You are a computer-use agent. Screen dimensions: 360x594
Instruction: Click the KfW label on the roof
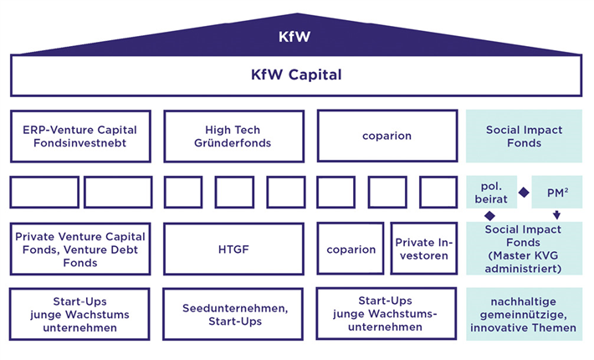(297, 38)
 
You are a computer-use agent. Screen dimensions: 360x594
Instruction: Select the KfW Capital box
(297, 75)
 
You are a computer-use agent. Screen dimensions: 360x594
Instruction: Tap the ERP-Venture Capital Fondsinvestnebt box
(80, 136)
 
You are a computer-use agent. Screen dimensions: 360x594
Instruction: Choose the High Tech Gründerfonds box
(233, 136)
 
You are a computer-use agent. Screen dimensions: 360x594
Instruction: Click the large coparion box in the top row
(387, 136)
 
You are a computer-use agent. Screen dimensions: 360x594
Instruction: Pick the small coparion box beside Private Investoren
(351, 249)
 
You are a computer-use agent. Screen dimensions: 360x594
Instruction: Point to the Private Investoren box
(422, 249)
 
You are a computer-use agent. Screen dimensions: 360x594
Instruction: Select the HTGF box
(233, 249)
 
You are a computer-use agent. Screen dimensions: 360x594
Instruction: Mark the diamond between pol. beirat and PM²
(524, 193)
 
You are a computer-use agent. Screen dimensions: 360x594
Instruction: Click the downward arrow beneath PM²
(556, 215)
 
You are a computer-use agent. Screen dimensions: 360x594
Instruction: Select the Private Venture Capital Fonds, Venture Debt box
(80, 249)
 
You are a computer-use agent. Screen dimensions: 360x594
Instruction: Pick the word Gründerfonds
(233, 143)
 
